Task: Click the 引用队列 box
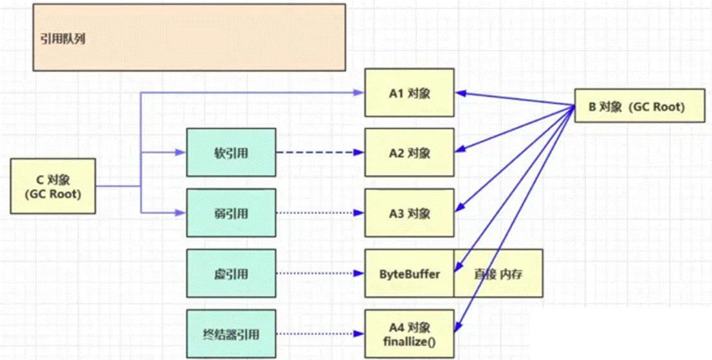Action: [189, 38]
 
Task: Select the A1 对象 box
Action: [409, 93]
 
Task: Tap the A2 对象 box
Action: [409, 153]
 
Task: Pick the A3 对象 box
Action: [409, 213]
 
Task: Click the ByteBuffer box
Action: [409, 274]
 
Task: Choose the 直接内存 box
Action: [498, 274]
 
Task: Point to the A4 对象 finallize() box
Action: [409, 333]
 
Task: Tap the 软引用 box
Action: [230, 153]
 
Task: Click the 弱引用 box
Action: [230, 213]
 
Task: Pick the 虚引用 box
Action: [230, 274]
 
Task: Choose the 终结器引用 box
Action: [230, 334]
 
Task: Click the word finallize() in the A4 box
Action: [409, 341]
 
